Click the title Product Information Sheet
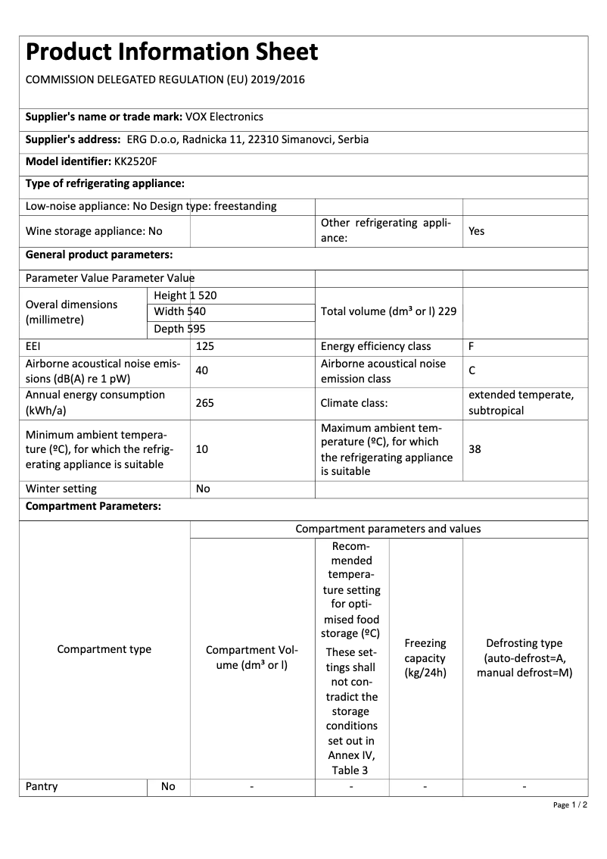click(x=172, y=52)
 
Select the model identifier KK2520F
click(x=136, y=161)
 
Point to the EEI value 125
click(x=205, y=346)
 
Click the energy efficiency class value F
click(x=472, y=346)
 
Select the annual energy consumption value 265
click(x=204, y=403)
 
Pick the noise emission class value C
click(x=472, y=371)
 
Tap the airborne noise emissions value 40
click(x=202, y=371)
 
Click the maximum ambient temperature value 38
click(x=475, y=449)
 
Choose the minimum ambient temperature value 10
click(x=202, y=449)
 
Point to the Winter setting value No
click(x=203, y=489)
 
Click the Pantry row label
click(x=42, y=786)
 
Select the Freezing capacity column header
click(x=425, y=658)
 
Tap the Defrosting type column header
click(x=525, y=658)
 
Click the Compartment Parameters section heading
click(x=93, y=506)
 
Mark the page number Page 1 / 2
click(x=571, y=804)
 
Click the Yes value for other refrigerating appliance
click(x=476, y=231)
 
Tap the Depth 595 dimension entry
click(x=179, y=329)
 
